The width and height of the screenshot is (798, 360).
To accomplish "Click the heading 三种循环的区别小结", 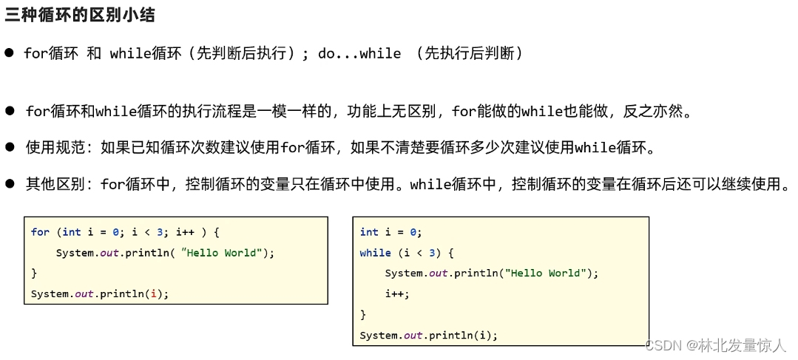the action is [x=81, y=14].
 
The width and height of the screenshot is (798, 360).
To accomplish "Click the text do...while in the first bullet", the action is [x=359, y=54].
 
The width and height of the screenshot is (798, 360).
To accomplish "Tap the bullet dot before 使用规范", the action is [x=10, y=147].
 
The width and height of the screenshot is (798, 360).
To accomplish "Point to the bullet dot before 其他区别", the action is [x=10, y=183].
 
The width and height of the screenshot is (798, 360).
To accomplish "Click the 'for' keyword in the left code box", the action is [x=40, y=232].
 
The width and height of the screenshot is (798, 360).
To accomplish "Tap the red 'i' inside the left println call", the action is [x=153, y=294].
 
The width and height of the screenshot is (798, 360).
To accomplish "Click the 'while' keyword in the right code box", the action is [x=375, y=253].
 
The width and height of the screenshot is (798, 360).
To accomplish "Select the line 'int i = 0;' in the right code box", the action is [x=390, y=232].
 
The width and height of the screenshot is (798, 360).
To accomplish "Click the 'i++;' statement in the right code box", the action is [x=396, y=294].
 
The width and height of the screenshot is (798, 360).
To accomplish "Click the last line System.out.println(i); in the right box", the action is [x=428, y=336].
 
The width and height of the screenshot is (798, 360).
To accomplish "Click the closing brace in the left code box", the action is [x=34, y=274].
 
